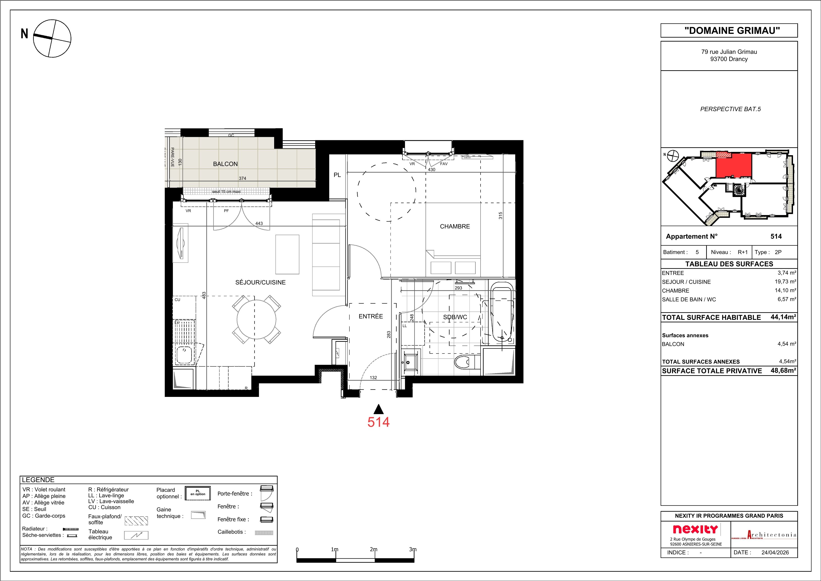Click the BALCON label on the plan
point(225,164)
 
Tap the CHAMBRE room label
point(455,226)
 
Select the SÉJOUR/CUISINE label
point(260,282)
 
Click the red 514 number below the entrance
point(378,422)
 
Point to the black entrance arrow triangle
point(378,409)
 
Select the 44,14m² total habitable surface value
point(783,317)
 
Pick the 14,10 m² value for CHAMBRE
point(785,290)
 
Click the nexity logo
point(695,529)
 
